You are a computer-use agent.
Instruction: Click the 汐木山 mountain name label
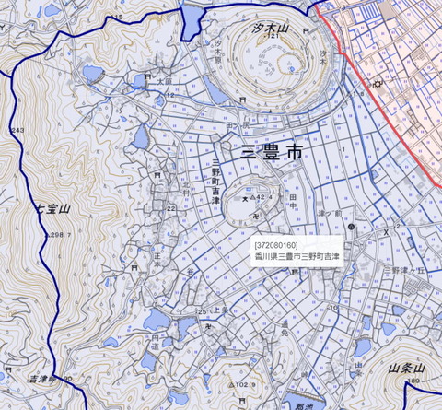point(270,29)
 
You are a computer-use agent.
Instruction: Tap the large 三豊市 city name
point(272,152)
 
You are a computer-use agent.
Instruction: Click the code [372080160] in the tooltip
point(275,245)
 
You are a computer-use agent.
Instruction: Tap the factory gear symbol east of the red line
point(376,85)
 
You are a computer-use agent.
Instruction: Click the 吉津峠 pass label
point(44,379)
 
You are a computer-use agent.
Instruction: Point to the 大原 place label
point(165,82)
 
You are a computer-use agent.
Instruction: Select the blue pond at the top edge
point(192,18)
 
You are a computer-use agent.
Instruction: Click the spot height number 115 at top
point(116,18)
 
